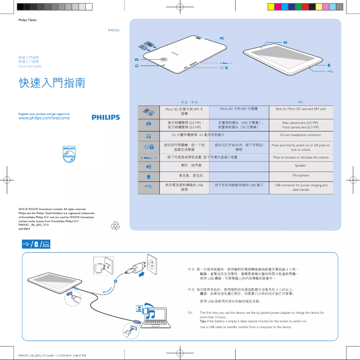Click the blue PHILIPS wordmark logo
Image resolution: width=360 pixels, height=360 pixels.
pyautogui.click(x=106, y=117)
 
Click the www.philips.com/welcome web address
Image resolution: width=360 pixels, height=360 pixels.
pyautogui.click(x=44, y=118)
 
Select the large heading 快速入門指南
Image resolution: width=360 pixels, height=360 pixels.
pyautogui.click(x=52, y=83)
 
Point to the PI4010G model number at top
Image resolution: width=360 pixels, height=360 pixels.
pyautogui.click(x=114, y=30)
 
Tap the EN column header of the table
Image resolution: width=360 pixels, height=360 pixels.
pyautogui.click(x=301, y=102)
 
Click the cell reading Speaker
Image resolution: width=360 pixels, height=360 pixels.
pyautogui.click(x=300, y=166)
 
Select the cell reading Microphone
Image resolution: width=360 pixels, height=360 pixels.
pyautogui.click(x=300, y=175)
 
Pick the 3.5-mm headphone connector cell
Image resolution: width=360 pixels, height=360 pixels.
pyautogui.click(x=300, y=135)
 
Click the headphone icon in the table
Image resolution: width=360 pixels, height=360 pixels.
pyautogui.click(x=148, y=135)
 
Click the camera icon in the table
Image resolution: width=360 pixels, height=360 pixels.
pyautogui.click(x=148, y=123)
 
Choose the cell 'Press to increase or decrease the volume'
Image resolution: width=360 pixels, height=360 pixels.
pyautogui.click(x=300, y=158)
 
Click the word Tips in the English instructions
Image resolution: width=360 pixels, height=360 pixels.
pyautogui.click(x=204, y=321)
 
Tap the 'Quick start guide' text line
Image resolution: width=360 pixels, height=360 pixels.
pyautogui.click(x=30, y=66)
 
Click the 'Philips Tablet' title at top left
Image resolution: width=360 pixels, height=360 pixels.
pyautogui.click(x=27, y=20)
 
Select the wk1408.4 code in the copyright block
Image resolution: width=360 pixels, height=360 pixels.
pyautogui.click(x=24, y=228)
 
